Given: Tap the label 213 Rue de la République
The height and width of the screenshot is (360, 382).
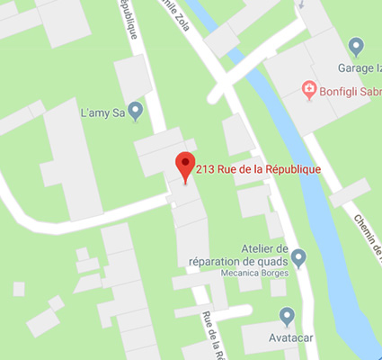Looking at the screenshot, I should [258, 168].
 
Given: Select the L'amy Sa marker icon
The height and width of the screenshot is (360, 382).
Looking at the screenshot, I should [136, 112].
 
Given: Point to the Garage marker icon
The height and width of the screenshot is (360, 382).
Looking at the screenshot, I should [356, 46].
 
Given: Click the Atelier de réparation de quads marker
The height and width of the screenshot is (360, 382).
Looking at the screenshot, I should [299, 257].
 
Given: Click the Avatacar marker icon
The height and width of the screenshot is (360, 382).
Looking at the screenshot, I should [287, 316].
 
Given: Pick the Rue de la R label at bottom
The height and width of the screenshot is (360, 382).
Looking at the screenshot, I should [213, 333].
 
